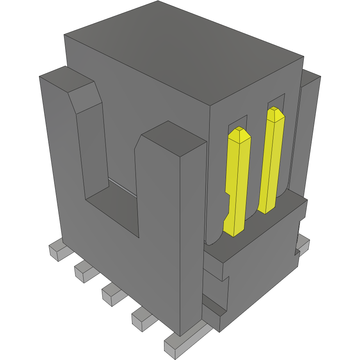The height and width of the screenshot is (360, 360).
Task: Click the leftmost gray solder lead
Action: click(x=57, y=252)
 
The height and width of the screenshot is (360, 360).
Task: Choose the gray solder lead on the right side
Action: click(x=303, y=244)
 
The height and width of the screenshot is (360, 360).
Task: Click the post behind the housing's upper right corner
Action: click(x=310, y=117)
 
